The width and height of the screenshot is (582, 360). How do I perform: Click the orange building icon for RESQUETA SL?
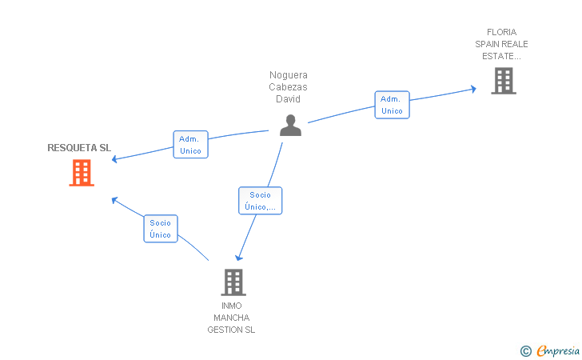[x=82, y=172]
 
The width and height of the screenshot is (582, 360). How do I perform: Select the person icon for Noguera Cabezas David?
[x=290, y=126]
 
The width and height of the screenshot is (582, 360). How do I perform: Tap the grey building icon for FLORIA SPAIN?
[x=503, y=81]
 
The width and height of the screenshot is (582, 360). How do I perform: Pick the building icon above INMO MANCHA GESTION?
[x=233, y=282]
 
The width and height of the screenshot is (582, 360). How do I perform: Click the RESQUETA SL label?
[x=79, y=148]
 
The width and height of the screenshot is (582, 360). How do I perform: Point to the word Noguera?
[x=289, y=75]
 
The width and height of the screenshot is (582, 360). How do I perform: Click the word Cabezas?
[x=289, y=87]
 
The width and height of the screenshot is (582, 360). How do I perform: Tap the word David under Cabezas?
[x=289, y=99]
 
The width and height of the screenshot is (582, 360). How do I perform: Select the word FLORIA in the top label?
[x=501, y=33]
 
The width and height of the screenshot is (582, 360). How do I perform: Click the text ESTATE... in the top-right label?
[x=501, y=56]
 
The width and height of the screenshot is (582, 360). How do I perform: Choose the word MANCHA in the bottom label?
[x=232, y=318]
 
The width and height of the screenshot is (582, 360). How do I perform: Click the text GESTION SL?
[x=232, y=330]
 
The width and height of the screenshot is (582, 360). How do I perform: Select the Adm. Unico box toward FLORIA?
[x=392, y=105]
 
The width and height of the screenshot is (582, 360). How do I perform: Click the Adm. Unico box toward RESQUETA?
[x=190, y=145]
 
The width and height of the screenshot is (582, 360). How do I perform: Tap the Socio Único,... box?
[x=261, y=201]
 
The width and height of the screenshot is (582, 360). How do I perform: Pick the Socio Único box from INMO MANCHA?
[x=161, y=229]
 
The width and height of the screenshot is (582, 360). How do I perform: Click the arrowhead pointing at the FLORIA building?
[x=473, y=89]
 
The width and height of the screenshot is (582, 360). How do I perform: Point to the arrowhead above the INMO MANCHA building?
[x=238, y=258]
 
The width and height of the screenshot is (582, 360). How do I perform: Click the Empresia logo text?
[x=558, y=350]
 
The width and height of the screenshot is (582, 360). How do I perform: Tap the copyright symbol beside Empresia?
[x=526, y=350]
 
